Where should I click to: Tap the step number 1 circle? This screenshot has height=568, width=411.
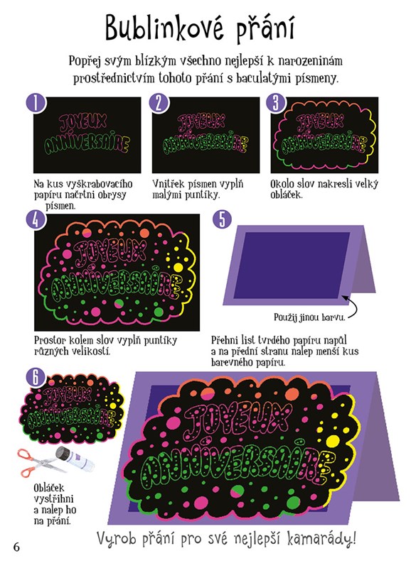pos(36,103)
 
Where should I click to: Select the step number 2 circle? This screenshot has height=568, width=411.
pos(159,103)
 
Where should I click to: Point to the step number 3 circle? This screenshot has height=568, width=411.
pos(276,102)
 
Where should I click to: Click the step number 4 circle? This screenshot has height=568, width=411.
pos(36,219)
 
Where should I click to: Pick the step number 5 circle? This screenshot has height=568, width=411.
pos(222,219)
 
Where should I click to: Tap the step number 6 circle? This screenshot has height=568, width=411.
pos(36,377)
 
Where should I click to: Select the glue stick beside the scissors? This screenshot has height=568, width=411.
pos(75,458)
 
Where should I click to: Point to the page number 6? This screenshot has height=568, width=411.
pos(16,547)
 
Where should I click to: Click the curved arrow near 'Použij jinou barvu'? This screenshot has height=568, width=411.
pos(351,307)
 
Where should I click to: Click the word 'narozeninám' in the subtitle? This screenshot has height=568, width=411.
pos(311,61)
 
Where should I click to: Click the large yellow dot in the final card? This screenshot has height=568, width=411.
pos(332,441)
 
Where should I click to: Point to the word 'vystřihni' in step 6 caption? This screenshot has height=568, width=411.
pos(54,499)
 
